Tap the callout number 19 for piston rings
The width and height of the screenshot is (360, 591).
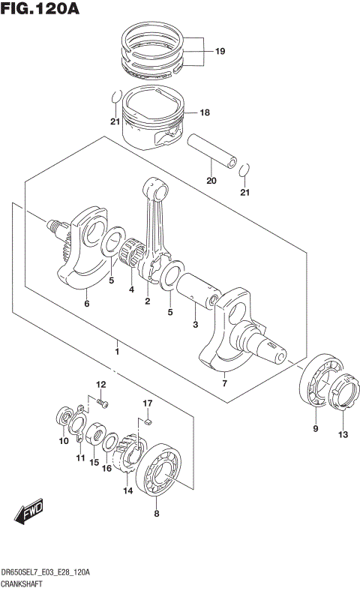220,52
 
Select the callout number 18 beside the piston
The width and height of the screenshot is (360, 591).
205,113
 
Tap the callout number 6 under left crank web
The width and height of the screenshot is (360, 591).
86,304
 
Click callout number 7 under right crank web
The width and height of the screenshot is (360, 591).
224,383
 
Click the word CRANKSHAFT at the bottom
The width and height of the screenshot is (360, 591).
27,582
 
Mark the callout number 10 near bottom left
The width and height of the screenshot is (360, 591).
63,441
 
